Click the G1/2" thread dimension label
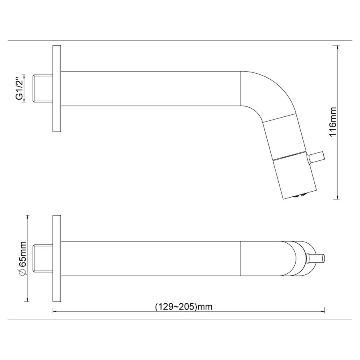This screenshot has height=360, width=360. [x=20, y=88]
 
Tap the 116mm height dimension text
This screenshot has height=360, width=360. [x=333, y=122]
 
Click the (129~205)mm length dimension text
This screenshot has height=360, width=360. [x=184, y=306]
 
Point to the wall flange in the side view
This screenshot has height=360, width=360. [x=57, y=89]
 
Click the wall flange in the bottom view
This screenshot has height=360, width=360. [x=57, y=258]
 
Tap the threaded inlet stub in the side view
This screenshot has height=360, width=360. [x=43, y=88]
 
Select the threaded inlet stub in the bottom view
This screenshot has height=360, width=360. [x=43, y=258]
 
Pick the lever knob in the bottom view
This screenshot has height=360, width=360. [x=315, y=258]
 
